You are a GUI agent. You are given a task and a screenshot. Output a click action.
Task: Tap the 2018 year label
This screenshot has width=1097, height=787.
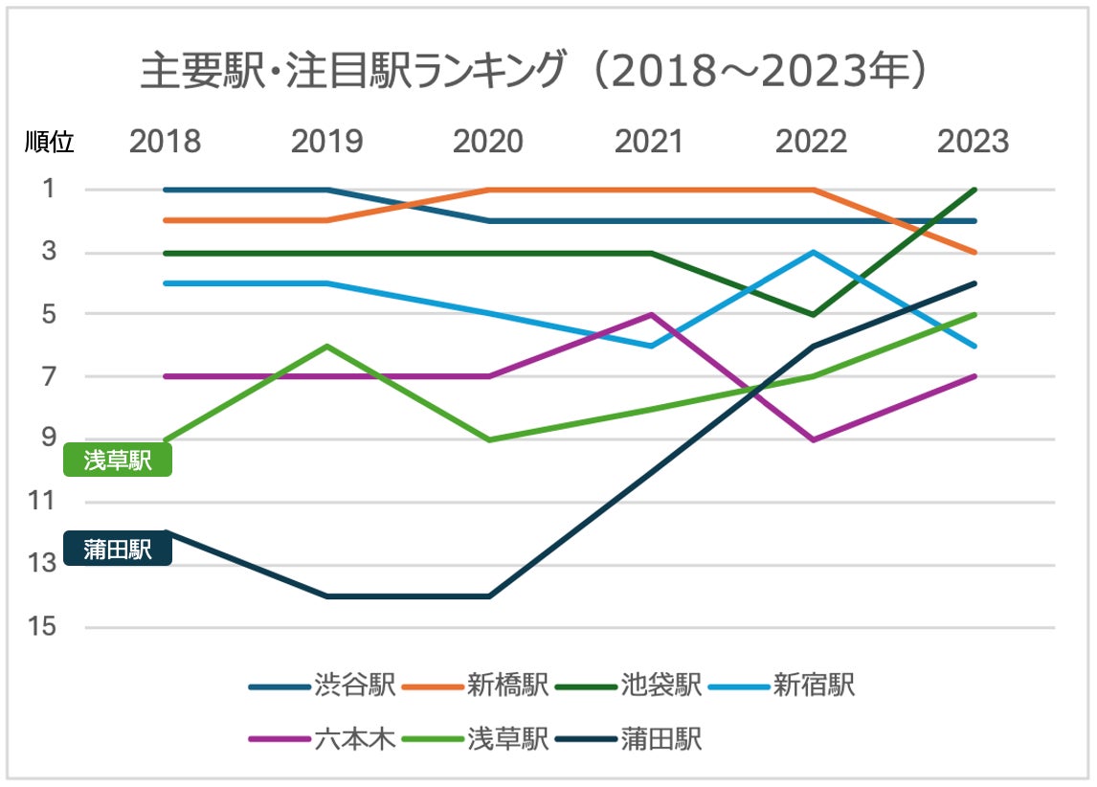pyautogui.click(x=166, y=142)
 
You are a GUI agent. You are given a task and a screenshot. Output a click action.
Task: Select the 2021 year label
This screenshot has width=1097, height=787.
pyautogui.click(x=650, y=142)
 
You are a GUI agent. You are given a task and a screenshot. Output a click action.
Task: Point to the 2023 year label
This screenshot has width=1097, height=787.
pyautogui.click(x=973, y=142)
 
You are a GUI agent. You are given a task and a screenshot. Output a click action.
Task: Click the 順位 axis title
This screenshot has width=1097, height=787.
pyautogui.click(x=49, y=143)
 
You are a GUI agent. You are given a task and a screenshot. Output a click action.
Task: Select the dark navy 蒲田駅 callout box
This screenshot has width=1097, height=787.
pyautogui.click(x=117, y=550)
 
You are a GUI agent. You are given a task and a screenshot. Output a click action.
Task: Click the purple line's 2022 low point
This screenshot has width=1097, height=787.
pyautogui.click(x=813, y=439)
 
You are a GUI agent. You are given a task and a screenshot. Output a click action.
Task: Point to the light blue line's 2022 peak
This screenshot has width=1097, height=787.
pyautogui.click(x=813, y=253)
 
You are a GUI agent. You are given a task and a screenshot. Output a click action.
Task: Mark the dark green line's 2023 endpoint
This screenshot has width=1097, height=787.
pyautogui.click(x=974, y=190)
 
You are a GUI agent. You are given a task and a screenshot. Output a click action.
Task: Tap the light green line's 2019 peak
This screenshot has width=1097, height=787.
pyautogui.click(x=327, y=346)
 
